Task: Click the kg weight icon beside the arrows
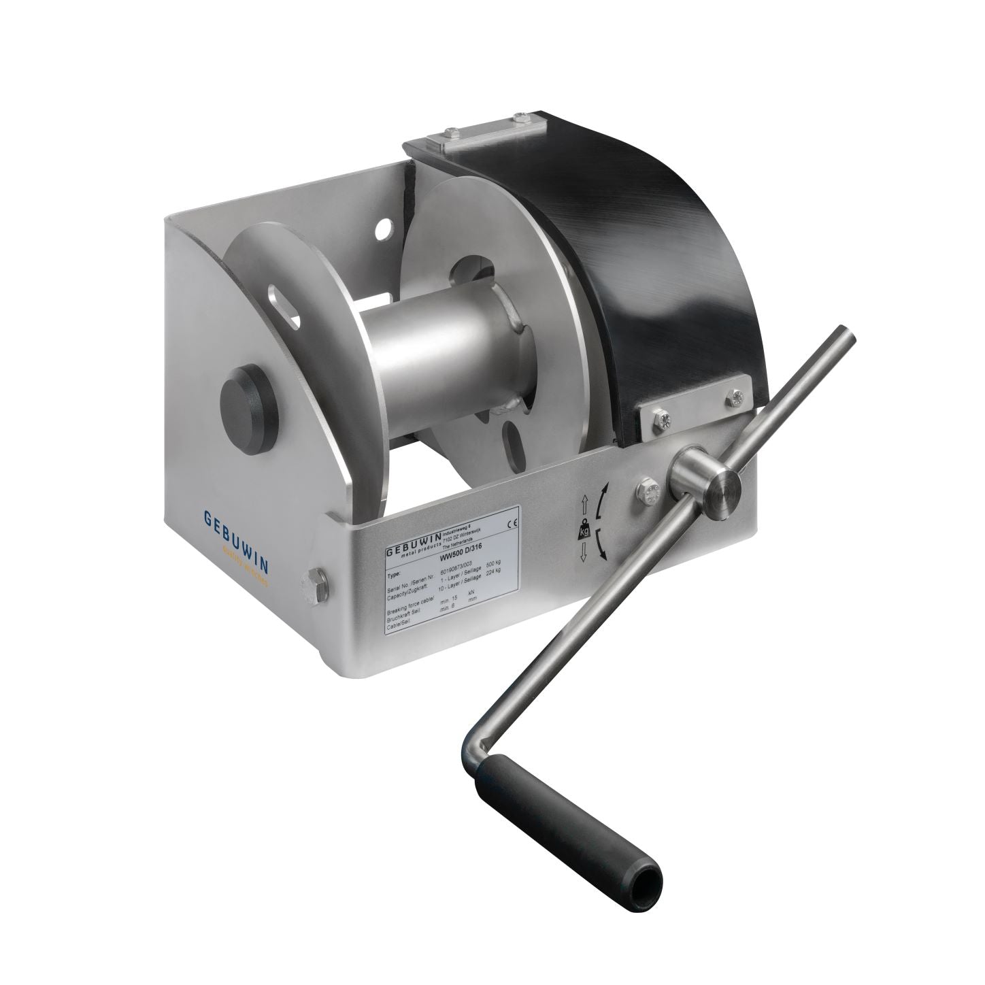[x=584, y=532]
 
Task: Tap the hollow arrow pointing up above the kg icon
[x=583, y=506]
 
